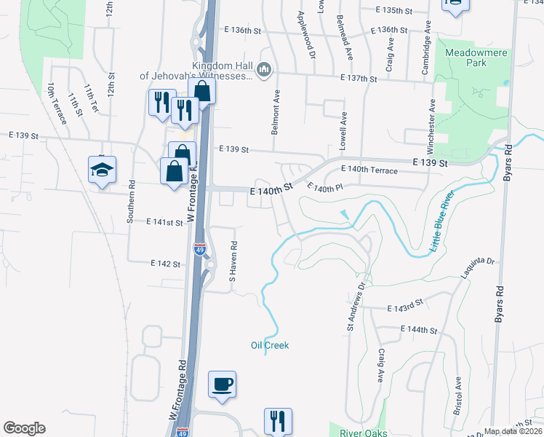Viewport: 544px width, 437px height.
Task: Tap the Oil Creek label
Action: [x=270, y=345]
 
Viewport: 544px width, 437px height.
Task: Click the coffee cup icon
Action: [x=222, y=383]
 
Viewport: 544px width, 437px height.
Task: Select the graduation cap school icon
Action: [x=103, y=170]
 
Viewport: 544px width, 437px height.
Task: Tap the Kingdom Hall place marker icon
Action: [x=263, y=70]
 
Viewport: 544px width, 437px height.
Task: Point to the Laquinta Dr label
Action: [x=477, y=270]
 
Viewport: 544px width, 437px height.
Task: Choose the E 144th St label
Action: [x=418, y=330]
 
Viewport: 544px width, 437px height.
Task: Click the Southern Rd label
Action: [x=132, y=202]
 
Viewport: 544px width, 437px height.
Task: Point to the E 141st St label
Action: [x=164, y=221]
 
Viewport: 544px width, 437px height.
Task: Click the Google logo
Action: [x=24, y=428]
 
